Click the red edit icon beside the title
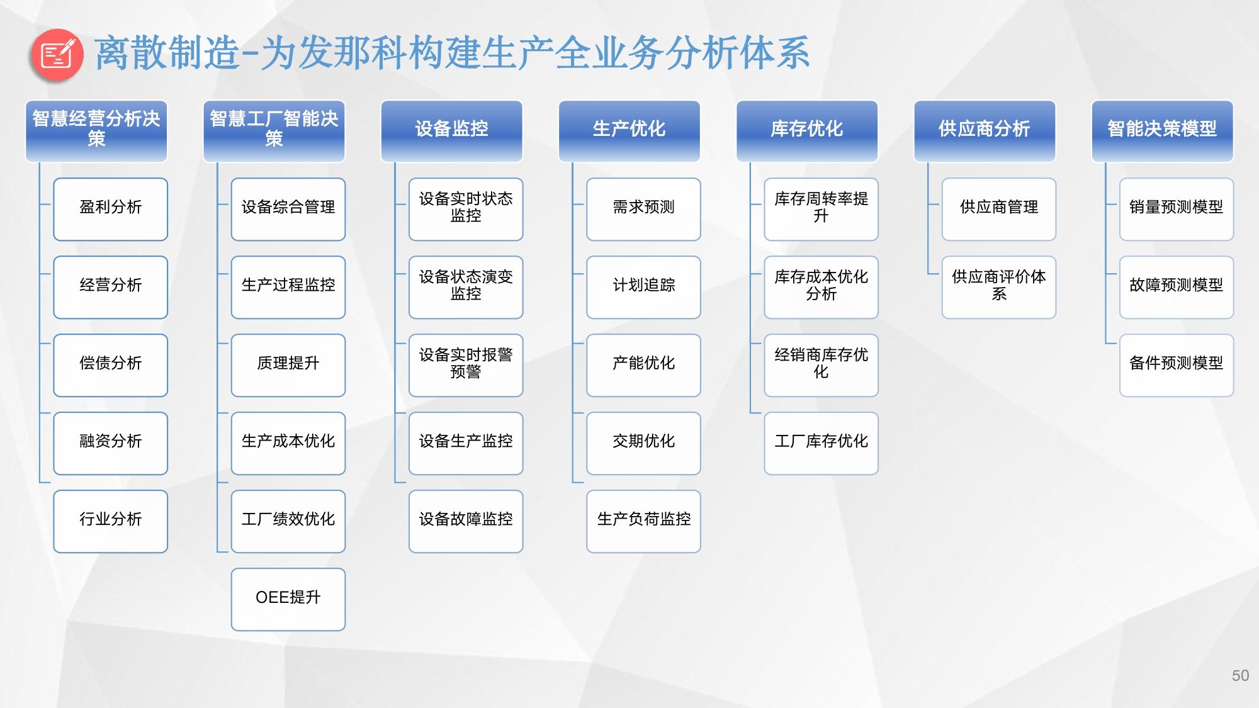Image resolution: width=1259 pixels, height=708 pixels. tap(57, 55)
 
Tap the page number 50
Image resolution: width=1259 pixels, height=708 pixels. tap(1240, 675)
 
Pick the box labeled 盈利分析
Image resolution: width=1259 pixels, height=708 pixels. tap(111, 209)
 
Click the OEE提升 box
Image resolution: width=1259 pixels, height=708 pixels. tap(288, 599)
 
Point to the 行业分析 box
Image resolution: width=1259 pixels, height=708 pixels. tap(111, 521)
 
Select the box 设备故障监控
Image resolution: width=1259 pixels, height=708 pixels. tap(466, 521)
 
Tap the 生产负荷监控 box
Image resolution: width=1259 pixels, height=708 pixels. tap(643, 521)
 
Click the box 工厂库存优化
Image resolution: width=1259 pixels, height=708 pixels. tap(821, 443)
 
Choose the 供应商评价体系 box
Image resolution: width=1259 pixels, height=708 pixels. tap(998, 287)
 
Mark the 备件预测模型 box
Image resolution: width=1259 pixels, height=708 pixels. tap(1177, 365)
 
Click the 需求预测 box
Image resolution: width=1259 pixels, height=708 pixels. tap(643, 209)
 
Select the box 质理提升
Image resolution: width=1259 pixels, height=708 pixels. tap(288, 365)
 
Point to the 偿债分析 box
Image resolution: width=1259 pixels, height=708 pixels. tap(111, 365)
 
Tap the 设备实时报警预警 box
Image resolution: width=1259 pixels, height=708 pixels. tap(466, 365)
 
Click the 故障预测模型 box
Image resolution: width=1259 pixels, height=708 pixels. tap(1177, 287)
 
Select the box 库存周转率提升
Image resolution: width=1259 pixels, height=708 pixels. tap(821, 209)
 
